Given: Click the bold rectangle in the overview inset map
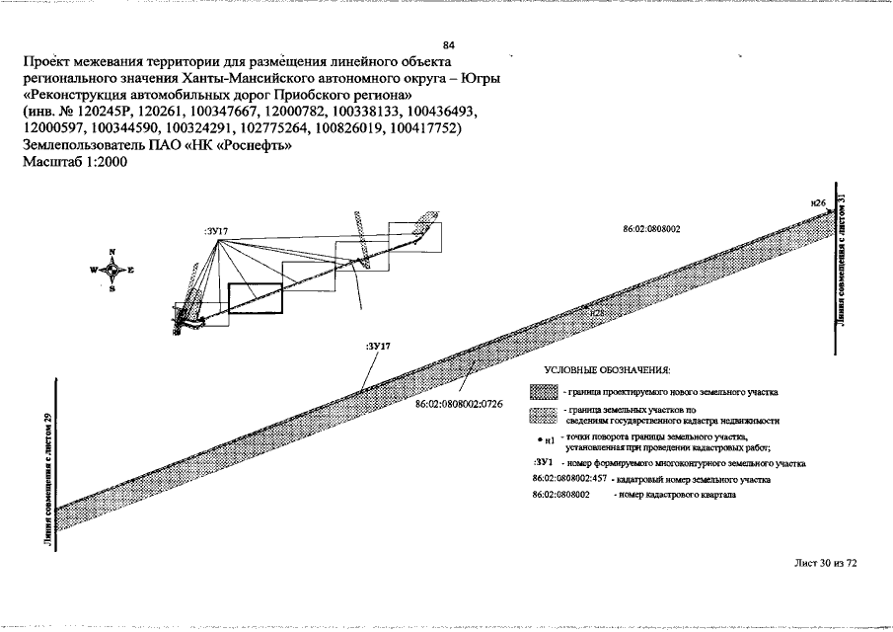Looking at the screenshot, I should pos(255,299).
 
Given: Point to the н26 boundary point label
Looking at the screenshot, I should pos(817,202).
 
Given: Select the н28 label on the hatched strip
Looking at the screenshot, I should pos(596,312).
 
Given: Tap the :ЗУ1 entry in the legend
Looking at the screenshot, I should pos(542,462).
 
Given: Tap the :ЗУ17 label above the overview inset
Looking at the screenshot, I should pos(216,230).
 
